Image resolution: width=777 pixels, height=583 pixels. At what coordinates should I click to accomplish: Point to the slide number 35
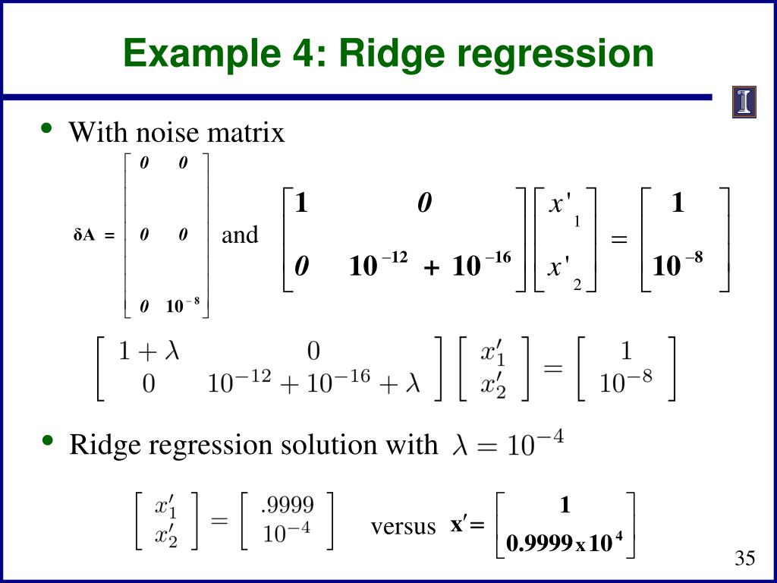click(744, 559)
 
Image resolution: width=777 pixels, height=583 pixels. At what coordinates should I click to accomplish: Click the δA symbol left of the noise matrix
click(83, 236)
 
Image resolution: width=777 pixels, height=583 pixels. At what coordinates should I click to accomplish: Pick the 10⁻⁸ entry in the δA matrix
click(183, 306)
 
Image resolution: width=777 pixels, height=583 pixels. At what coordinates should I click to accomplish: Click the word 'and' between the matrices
click(240, 235)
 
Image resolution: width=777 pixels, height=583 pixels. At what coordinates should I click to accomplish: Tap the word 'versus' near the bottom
click(403, 527)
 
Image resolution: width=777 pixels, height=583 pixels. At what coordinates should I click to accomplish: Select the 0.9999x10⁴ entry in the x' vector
click(565, 544)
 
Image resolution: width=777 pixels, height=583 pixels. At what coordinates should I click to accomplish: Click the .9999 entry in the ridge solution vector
click(287, 505)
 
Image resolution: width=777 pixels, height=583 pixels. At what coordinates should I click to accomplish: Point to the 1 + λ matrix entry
click(148, 352)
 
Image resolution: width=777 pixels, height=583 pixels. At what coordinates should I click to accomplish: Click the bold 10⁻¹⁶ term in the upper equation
click(481, 265)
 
